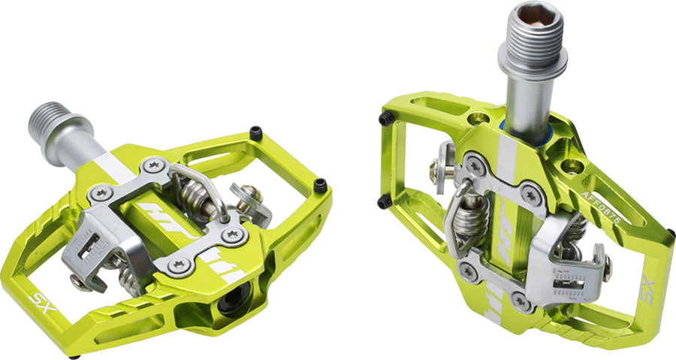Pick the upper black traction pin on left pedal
255,134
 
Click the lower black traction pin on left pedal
321,185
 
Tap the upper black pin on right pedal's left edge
385,119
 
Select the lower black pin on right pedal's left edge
384,201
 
